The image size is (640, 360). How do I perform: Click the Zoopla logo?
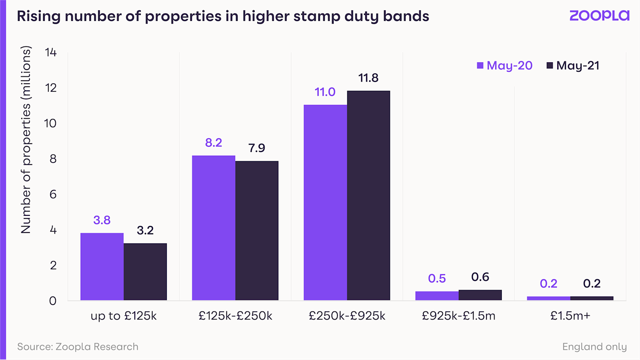tap(599, 16)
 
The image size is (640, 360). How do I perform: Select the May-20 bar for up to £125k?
tap(102, 266)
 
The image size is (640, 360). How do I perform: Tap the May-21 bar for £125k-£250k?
tap(257, 230)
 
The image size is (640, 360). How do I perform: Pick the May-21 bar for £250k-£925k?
tap(368, 195)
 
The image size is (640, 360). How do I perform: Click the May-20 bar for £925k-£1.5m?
tap(437, 296)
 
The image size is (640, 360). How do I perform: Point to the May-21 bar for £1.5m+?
tap(592, 298)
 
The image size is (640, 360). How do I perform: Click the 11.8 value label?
tap(368, 78)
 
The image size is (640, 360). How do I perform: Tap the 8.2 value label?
tap(213, 142)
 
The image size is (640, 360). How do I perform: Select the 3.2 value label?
tap(145, 230)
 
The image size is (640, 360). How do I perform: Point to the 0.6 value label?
tap(480, 277)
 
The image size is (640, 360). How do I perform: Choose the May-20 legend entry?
tap(505, 65)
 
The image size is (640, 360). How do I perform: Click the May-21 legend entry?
tap(573, 65)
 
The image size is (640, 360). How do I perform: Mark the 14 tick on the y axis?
tap(51, 52)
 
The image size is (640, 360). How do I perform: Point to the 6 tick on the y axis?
tap(53, 195)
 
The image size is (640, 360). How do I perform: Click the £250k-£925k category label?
tap(347, 316)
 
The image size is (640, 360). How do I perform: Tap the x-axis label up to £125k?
tap(123, 316)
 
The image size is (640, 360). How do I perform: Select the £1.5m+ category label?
tap(570, 316)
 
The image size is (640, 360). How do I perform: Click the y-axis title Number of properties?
tap(26, 139)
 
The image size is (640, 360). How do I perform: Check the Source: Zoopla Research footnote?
tap(78, 347)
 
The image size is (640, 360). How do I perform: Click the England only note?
tap(594, 347)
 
